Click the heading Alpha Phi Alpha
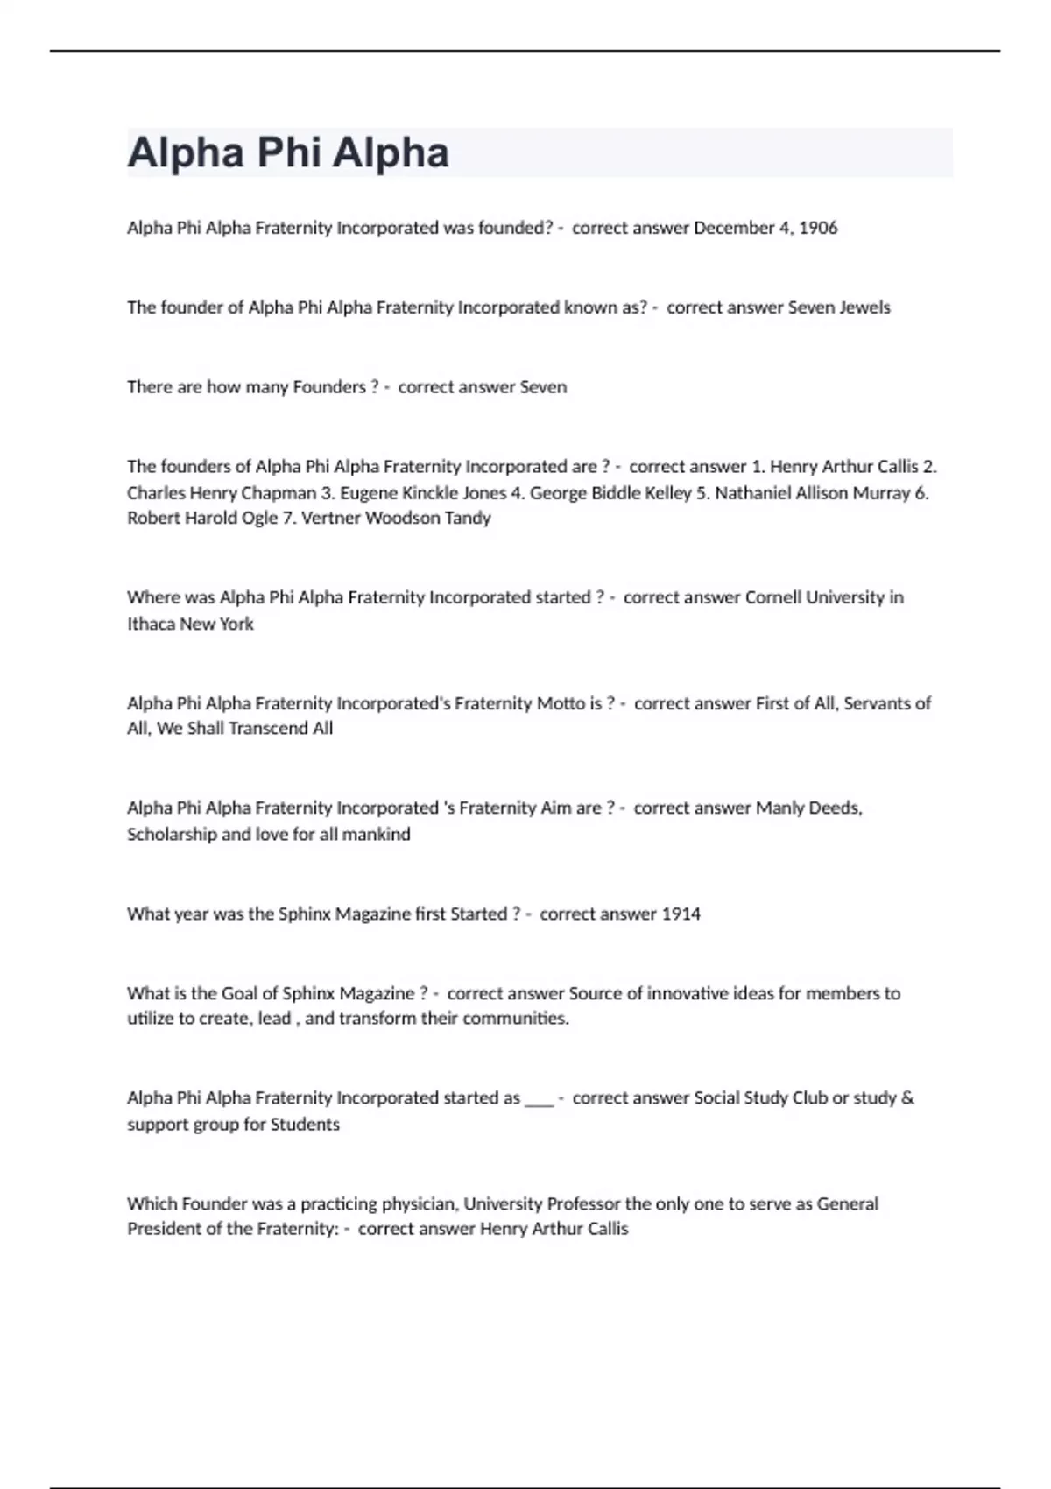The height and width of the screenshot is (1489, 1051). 288,152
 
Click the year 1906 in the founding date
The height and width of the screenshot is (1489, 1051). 818,228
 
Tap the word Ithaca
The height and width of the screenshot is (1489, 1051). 151,624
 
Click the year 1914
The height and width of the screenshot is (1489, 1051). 681,914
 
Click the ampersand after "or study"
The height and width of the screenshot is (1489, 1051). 906,1097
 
